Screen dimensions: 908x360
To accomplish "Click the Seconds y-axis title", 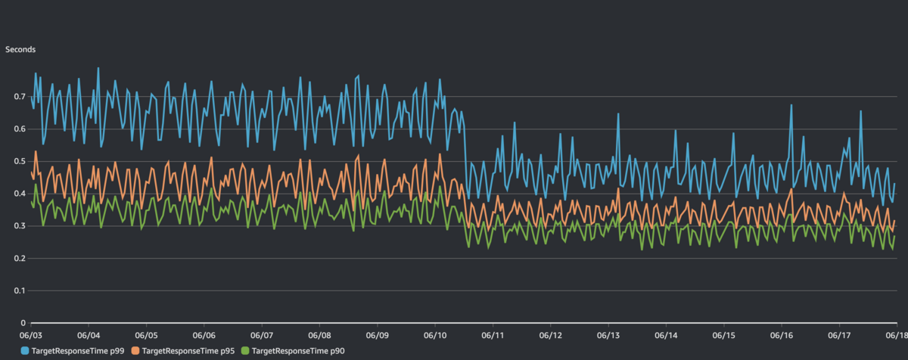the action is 20,49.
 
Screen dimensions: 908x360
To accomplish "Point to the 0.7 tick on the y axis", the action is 20,96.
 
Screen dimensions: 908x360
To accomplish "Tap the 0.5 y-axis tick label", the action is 20,161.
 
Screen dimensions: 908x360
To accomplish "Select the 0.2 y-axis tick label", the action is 20,259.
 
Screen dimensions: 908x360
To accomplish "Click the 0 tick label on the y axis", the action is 23,323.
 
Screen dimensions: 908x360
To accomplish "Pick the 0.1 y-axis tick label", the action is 20,290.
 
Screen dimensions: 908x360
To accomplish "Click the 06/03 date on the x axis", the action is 31,335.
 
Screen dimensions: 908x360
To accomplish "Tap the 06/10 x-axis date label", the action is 435,335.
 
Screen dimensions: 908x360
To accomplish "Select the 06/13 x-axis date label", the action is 608,335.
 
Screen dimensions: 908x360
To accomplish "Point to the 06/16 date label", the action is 782,335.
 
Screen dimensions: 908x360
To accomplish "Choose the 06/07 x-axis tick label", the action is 262,335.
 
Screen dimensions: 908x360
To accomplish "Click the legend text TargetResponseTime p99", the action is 78,351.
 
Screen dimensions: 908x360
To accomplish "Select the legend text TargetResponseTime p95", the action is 188,351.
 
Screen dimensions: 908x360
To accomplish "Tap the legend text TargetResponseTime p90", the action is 298,351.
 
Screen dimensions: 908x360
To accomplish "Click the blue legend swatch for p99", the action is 25,351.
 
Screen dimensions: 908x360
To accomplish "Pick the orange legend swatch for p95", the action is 135,351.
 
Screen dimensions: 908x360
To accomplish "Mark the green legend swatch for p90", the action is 245,351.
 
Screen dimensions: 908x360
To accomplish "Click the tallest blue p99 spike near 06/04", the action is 98,69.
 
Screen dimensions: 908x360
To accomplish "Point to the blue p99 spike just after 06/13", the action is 618,115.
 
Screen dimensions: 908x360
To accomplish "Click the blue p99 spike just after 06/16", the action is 791,106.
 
